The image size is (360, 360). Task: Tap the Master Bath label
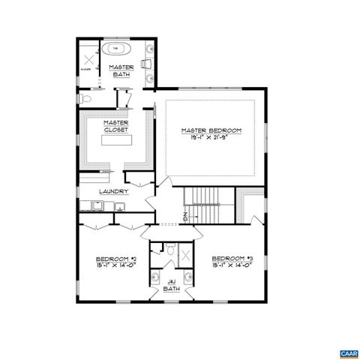[121, 71]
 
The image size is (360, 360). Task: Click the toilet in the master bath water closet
[85, 98]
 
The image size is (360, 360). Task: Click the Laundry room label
[114, 191]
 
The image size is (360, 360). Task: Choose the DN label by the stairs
[186, 217]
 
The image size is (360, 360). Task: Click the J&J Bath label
[172, 285]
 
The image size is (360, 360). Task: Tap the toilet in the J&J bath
[171, 250]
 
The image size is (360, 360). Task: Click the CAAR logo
[346, 352]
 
